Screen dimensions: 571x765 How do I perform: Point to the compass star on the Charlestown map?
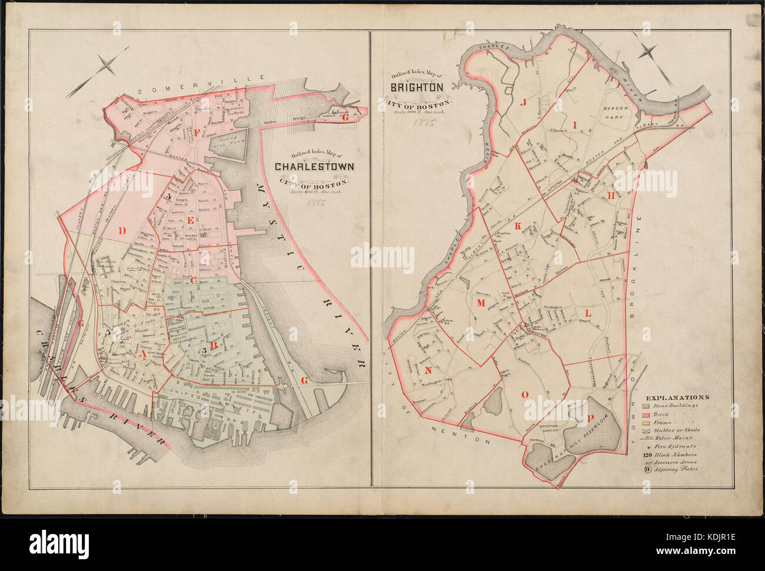[107, 66]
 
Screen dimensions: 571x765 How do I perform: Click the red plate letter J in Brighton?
[521, 102]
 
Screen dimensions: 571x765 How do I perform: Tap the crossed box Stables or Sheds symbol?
[645, 430]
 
